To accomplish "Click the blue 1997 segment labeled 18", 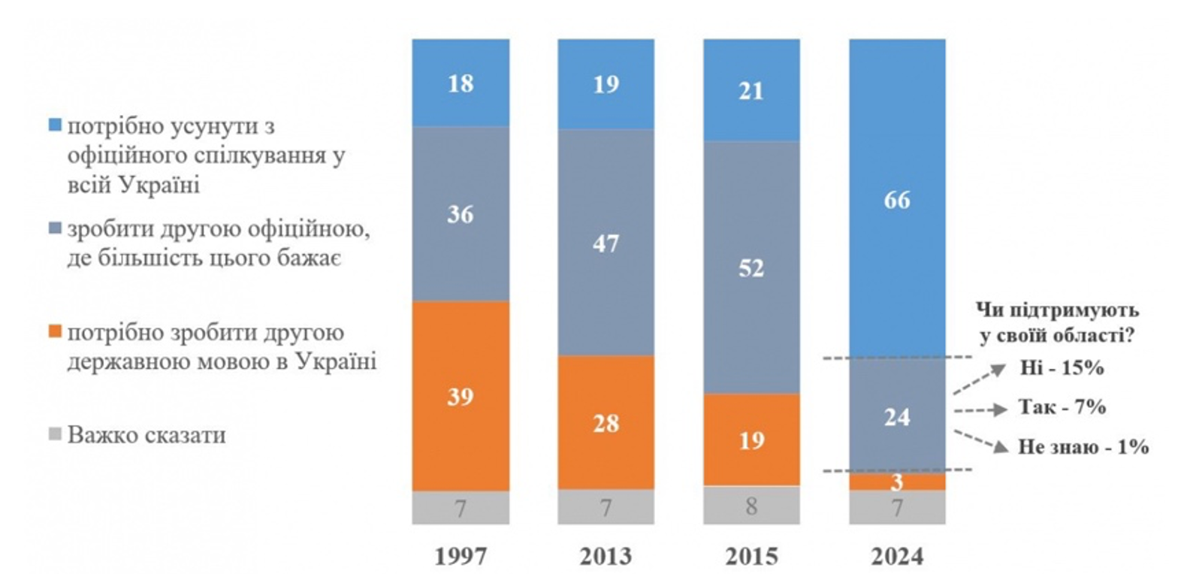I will (460, 83).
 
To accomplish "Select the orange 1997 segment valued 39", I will (460, 396).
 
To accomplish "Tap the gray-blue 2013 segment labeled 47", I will (606, 243).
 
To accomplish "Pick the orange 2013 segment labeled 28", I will (606, 422).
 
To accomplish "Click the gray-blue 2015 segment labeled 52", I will (751, 267).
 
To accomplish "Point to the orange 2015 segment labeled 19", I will (751, 440).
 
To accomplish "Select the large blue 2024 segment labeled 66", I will (897, 199).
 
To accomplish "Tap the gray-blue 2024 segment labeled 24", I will (897, 415).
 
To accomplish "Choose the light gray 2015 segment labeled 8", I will (751, 506).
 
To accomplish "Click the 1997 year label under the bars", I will (460, 557).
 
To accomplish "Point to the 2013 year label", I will (606, 557).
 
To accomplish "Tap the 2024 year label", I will (897, 557).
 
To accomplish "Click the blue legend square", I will (54, 125).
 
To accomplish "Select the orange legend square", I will (54, 332).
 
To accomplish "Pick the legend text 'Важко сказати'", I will (146, 435).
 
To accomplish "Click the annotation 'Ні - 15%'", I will (1061, 368).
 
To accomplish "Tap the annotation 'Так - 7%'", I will (1062, 407).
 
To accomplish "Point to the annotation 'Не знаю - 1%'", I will (1083, 447).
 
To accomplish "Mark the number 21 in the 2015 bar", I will (751, 91).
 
